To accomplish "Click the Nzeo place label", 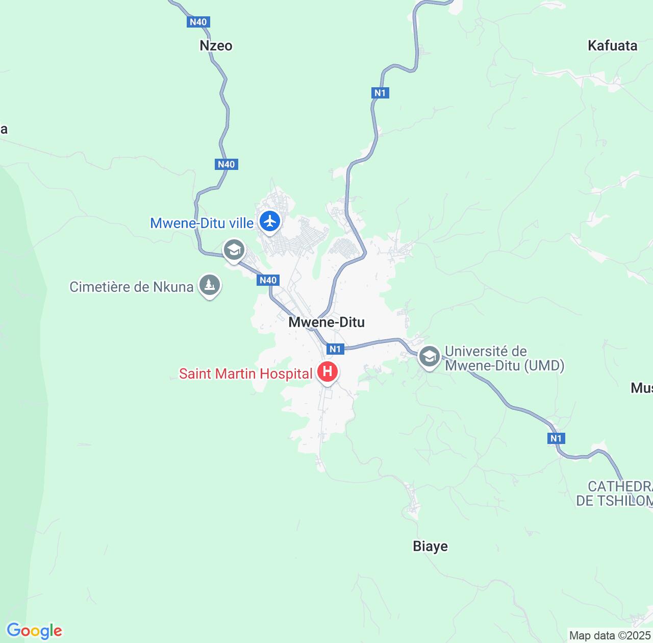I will pos(216,45).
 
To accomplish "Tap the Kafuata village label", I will pos(612,45).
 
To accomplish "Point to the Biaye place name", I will pos(430,546).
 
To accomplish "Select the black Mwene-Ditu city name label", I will pos(326,322).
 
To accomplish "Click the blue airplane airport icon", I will pos(269,221).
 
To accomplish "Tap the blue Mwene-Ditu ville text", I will pos(202,223).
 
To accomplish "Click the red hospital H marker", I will pos(328,372).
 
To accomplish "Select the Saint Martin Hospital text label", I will pos(245,374).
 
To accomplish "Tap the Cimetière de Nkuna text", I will pos(132,287).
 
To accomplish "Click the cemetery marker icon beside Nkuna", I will pos(210,285).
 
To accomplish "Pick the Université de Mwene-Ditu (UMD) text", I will pos(504,358).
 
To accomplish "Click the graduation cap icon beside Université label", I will pos(430,356).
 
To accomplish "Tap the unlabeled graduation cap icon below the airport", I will pos(234,250).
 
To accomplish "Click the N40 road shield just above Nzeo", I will pos(198,22).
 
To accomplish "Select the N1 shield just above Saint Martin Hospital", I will pos(335,349).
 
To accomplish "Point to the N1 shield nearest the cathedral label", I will pos(556,438).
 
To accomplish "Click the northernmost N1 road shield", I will pos(380,93).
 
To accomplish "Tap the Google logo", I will pos(34,631).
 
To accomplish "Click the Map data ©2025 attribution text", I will pos(610,635).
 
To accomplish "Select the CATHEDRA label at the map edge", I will pos(614,493).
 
